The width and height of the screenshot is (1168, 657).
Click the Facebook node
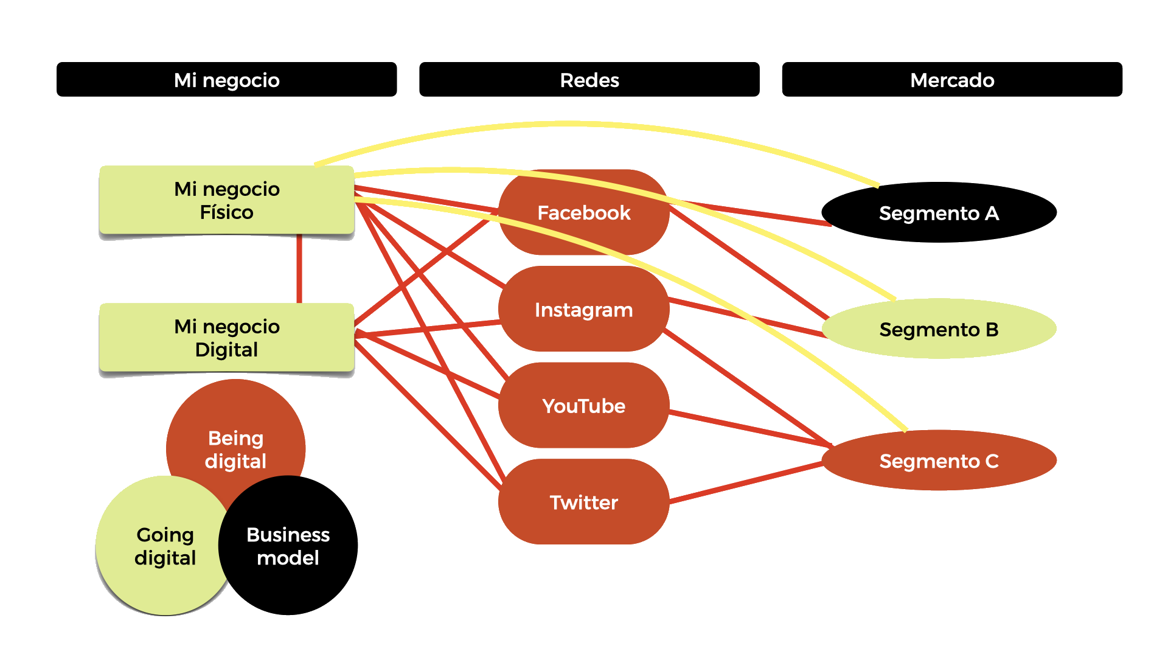pos(584,213)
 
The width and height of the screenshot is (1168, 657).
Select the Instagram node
pos(584,310)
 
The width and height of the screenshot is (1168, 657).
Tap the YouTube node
pos(584,406)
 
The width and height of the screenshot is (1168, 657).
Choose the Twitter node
pos(584,502)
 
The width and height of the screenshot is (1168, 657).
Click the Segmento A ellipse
pos(939,213)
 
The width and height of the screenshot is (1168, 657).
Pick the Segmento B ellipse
pos(939,329)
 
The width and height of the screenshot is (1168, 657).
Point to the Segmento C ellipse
pos(939,461)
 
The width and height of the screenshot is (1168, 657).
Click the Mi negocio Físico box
pos(226,200)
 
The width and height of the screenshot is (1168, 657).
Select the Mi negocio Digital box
pos(226,338)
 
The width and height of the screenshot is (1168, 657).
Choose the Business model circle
pos(288,546)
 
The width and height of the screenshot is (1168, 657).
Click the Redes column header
pos(589,80)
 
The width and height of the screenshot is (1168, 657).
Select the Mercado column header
pos(952,80)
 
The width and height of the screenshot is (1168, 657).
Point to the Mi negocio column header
pos(226,80)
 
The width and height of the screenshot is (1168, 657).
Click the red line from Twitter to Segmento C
pos(745,483)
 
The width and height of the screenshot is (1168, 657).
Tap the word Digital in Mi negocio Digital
pos(226,350)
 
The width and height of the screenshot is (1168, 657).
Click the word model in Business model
pos(288,558)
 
